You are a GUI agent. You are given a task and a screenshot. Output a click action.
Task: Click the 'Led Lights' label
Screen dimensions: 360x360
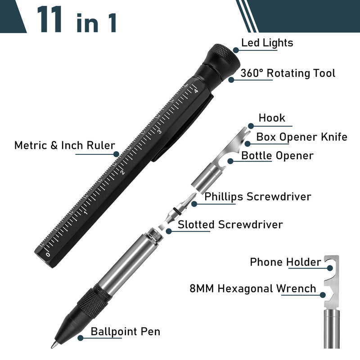point(267,43)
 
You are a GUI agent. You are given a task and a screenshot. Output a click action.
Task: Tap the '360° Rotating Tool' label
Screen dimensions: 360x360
point(288,73)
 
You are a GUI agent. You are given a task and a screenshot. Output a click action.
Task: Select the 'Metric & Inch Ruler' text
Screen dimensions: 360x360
point(64,145)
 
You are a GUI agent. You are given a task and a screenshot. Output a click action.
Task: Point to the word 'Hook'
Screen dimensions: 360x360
point(272,118)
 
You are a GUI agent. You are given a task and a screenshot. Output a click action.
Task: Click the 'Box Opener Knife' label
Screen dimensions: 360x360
point(301,137)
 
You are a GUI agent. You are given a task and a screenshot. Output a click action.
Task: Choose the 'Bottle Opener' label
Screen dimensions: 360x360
point(277,156)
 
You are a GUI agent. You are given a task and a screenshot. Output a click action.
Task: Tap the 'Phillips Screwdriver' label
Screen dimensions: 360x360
point(257,197)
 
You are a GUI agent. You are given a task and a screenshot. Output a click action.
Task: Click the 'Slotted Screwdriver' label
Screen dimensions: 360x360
point(230,224)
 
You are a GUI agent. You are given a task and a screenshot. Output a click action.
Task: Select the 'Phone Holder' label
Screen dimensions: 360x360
point(285,261)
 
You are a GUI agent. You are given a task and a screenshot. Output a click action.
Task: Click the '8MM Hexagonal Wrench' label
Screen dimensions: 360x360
point(253,288)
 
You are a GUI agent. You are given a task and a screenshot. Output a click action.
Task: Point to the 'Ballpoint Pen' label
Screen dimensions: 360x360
point(125,332)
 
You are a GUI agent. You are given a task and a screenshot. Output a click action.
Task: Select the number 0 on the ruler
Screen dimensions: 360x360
point(48,255)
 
